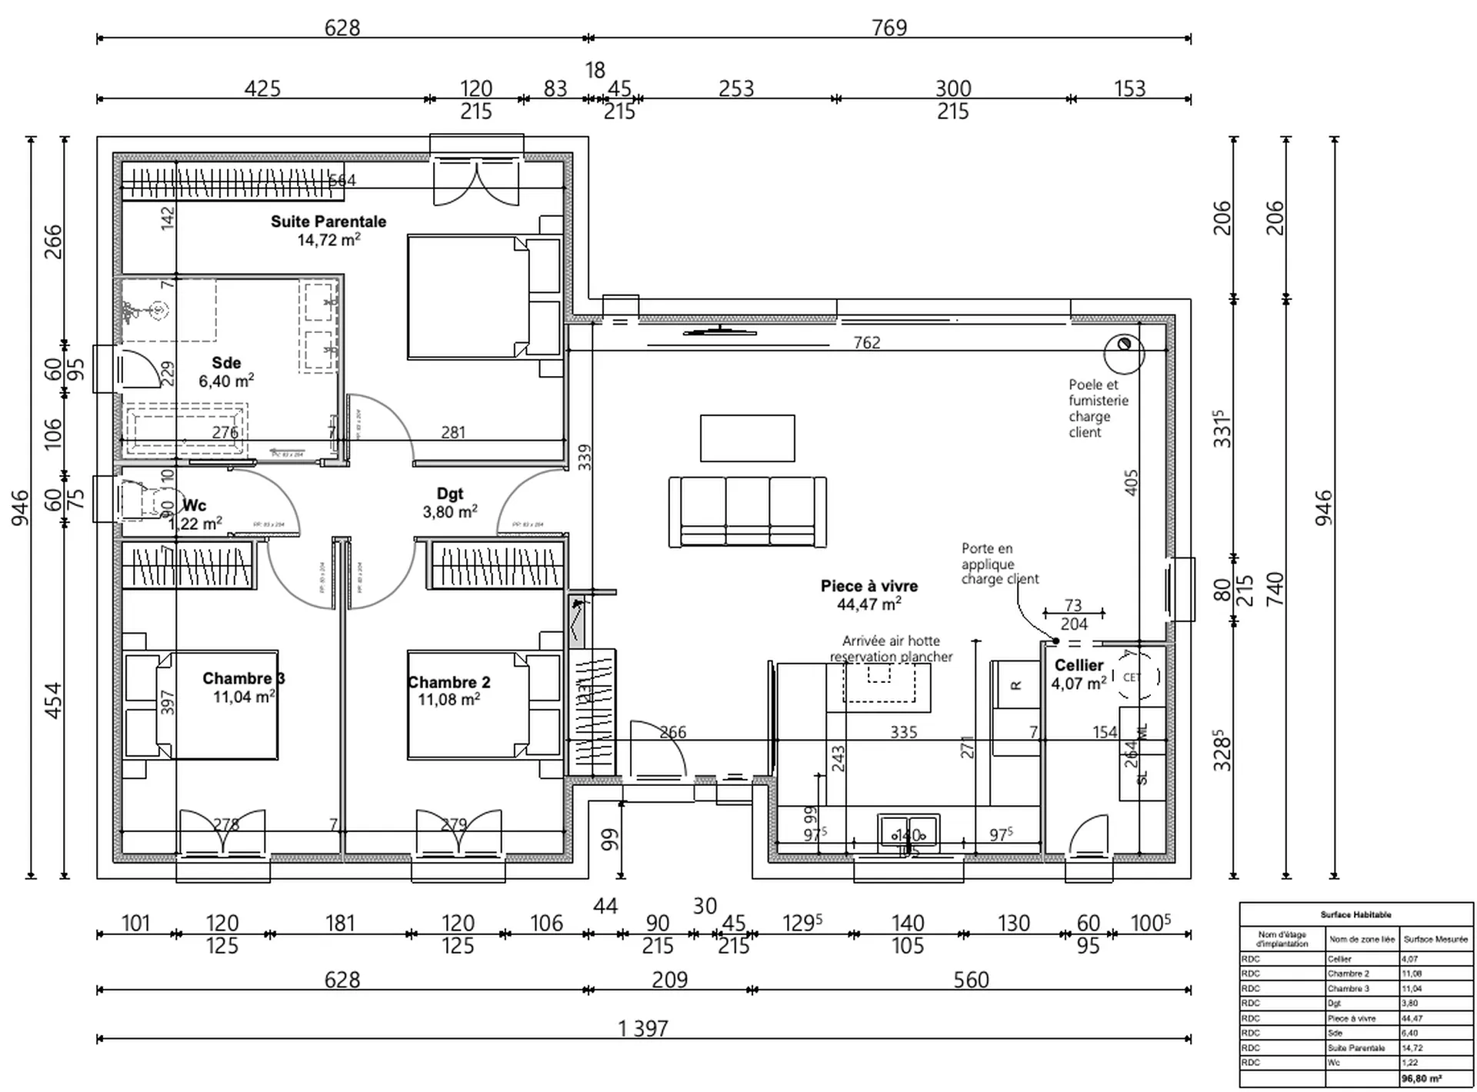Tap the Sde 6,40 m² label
[226, 371]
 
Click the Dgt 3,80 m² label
[450, 502]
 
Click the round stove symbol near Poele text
[1124, 352]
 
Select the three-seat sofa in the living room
[748, 511]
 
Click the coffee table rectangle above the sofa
[747, 438]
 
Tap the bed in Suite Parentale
[469, 298]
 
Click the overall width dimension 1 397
[643, 1028]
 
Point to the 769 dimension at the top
[889, 28]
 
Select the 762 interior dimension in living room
[867, 343]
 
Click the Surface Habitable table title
[1355, 914]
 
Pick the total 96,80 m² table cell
[1421, 1078]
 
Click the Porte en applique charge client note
[999, 564]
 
